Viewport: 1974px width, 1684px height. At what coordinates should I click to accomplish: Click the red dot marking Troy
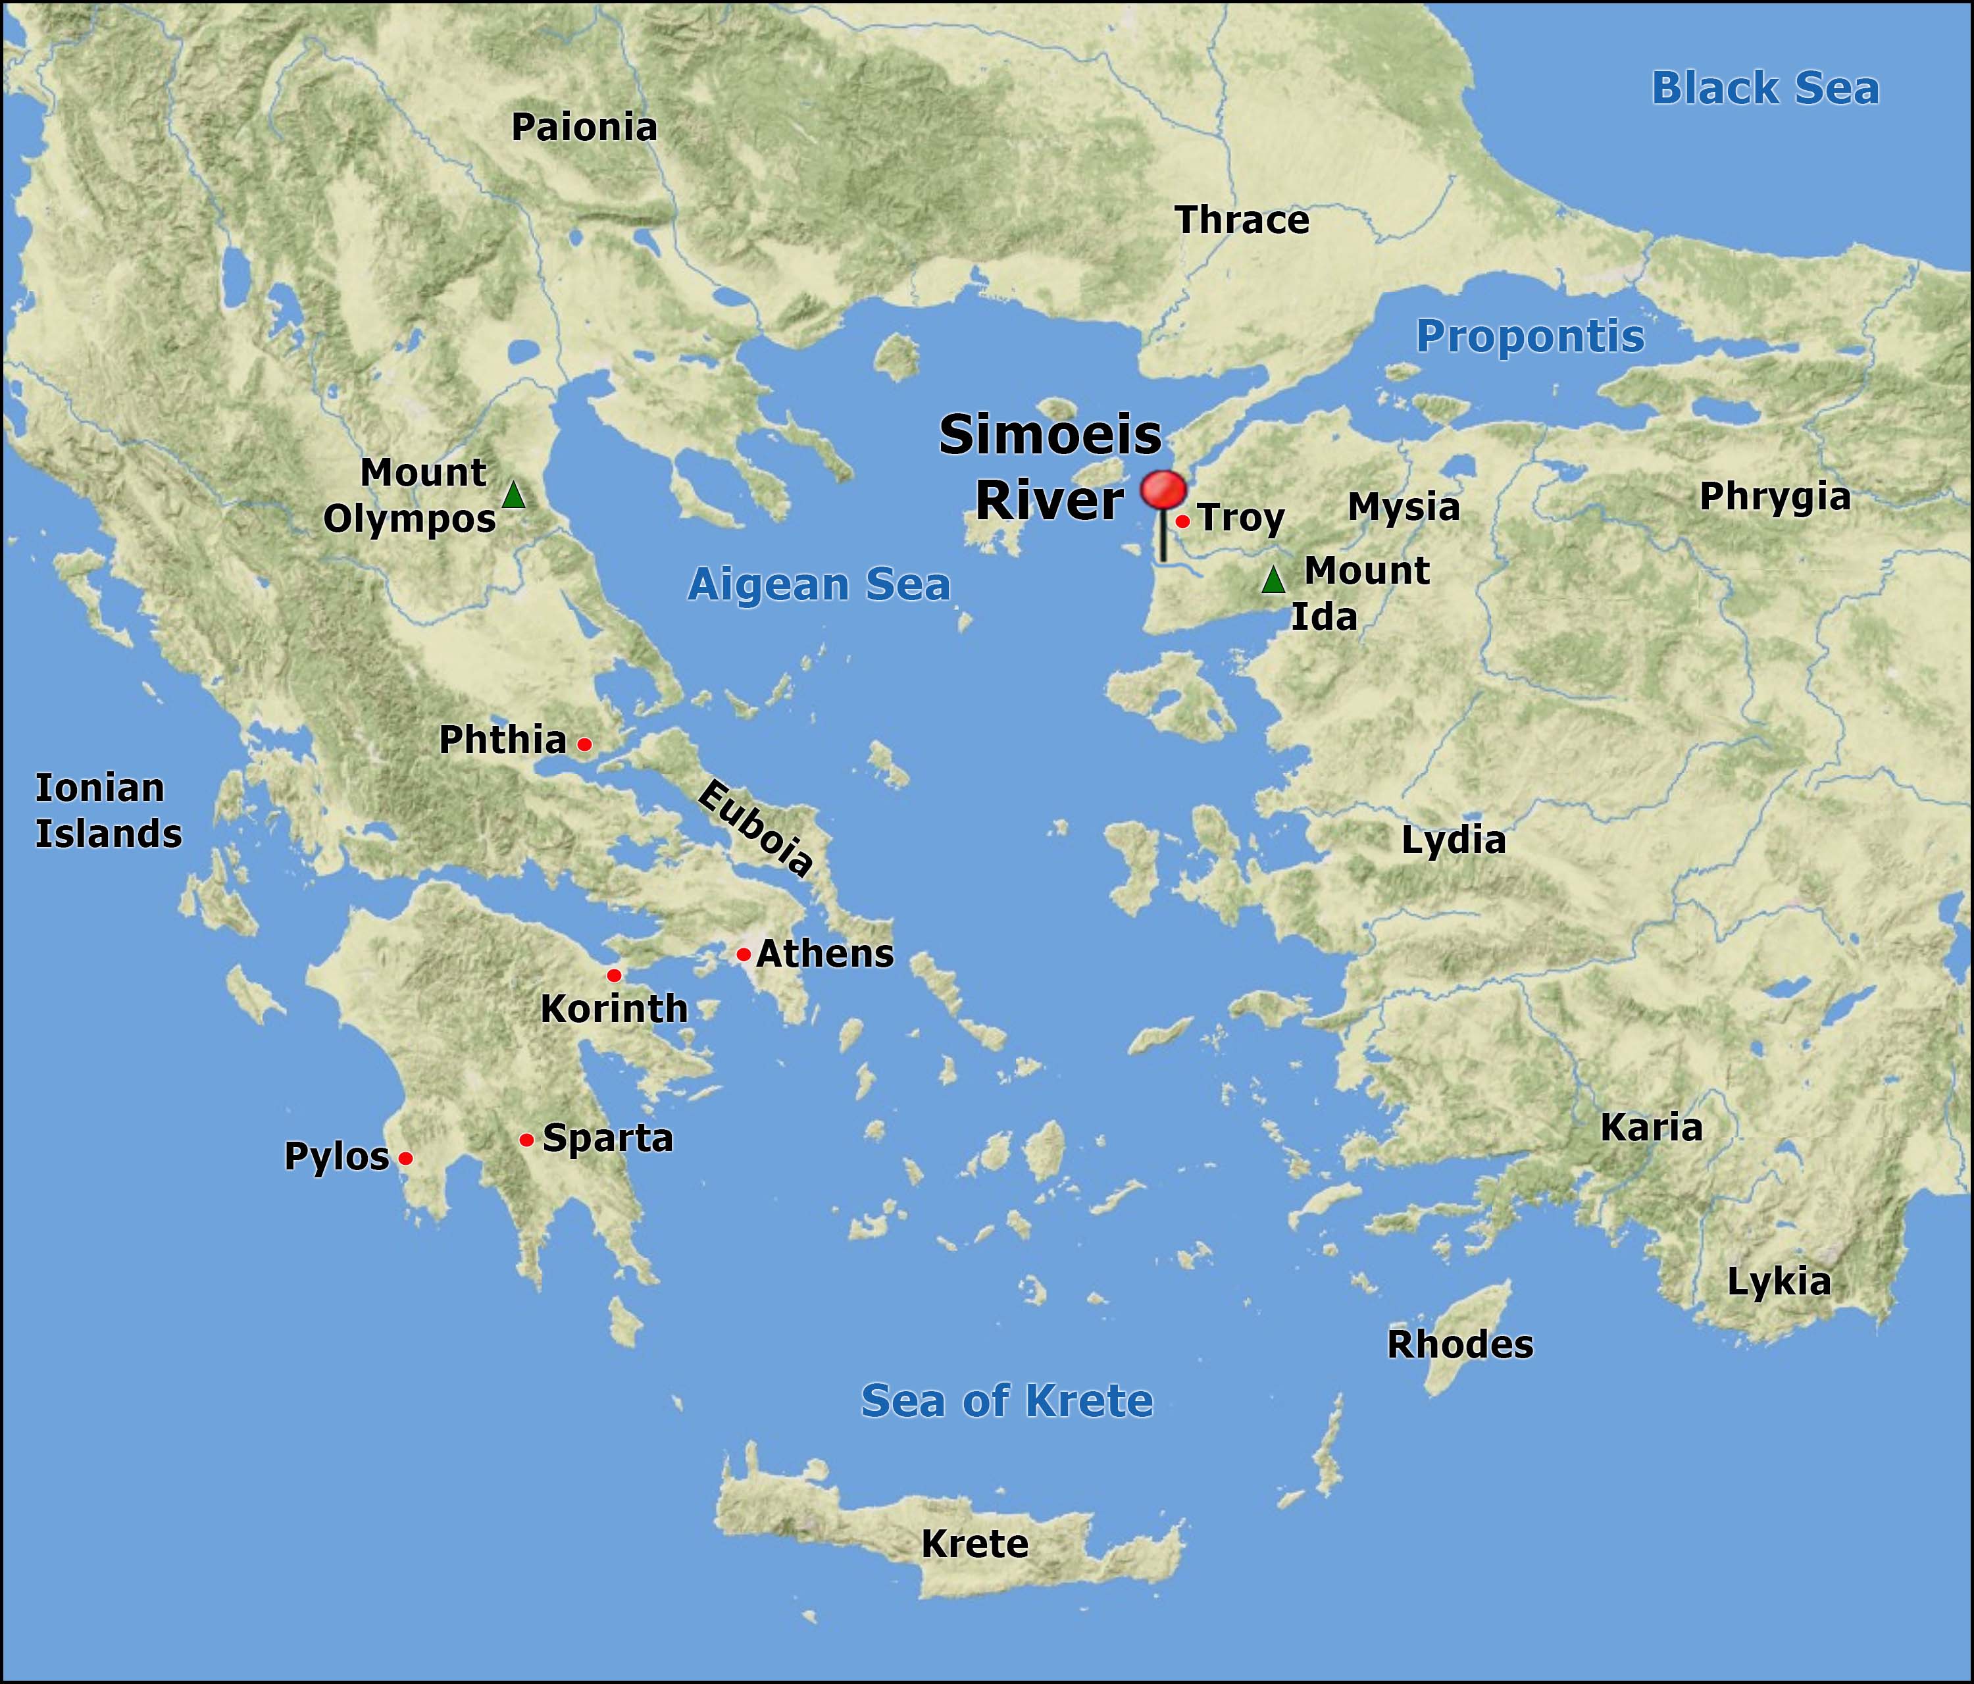pyautogui.click(x=1182, y=521)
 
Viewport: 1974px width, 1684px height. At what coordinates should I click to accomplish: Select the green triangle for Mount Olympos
pyautogui.click(x=513, y=495)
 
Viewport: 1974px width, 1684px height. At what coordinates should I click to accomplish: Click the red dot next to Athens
pyautogui.click(x=743, y=954)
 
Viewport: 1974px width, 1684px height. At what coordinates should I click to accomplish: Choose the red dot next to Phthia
pyautogui.click(x=584, y=744)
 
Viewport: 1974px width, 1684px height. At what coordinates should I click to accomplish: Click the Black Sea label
pyautogui.click(x=1765, y=89)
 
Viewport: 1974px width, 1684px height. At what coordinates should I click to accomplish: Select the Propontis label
pyautogui.click(x=1530, y=336)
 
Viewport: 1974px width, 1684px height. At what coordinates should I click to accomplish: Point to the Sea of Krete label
pyautogui.click(x=1007, y=1400)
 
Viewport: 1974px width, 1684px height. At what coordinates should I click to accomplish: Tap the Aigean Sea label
pyautogui.click(x=819, y=584)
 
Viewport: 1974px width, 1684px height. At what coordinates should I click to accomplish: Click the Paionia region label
pyautogui.click(x=584, y=127)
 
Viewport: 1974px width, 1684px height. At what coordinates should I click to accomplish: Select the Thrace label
pyautogui.click(x=1242, y=220)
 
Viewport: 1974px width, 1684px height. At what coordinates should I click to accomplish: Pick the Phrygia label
pyautogui.click(x=1775, y=497)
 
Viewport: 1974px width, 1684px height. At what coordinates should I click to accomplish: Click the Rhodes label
pyautogui.click(x=1459, y=1344)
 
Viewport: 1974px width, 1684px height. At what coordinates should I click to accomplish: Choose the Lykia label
pyautogui.click(x=1779, y=1282)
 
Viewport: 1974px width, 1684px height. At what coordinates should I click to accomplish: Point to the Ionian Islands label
pyautogui.click(x=108, y=810)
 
